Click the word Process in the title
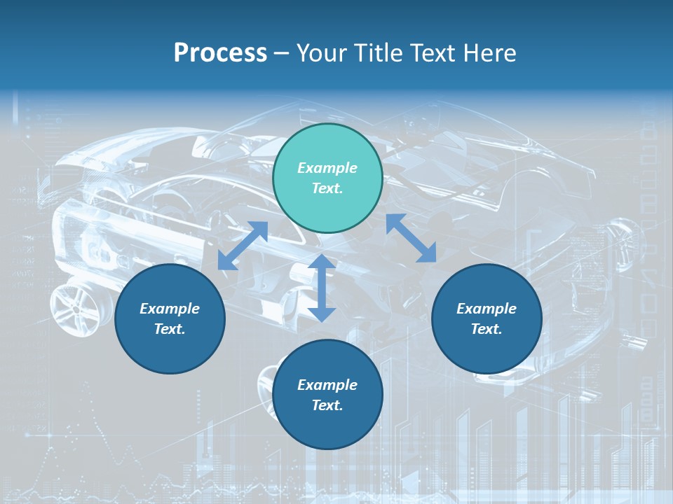coord(220,53)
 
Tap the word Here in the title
coord(489,53)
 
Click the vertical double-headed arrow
coord(322,288)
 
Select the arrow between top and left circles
coord(243,246)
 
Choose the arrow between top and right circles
coord(411,238)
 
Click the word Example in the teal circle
coord(327,168)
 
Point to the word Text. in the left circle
coord(170,329)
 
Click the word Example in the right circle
coord(487,309)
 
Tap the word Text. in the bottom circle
coord(327,405)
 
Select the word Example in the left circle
coord(170,309)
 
